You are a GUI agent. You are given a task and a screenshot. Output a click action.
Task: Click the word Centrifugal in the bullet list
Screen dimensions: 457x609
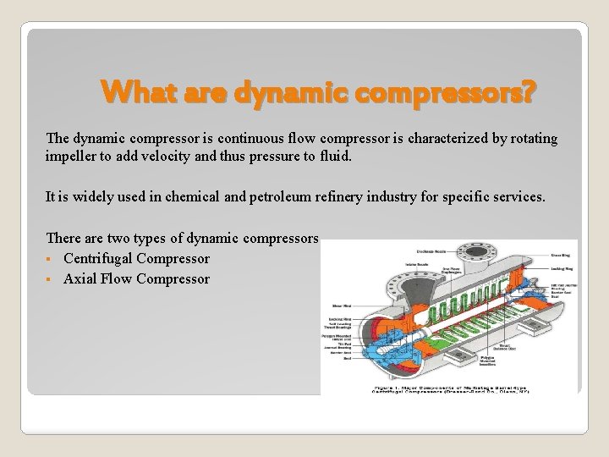click(98, 259)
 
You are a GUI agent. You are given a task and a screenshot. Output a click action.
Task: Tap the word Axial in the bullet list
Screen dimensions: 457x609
click(81, 279)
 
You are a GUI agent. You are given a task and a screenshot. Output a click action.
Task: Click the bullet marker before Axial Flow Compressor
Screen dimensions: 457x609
click(51, 279)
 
